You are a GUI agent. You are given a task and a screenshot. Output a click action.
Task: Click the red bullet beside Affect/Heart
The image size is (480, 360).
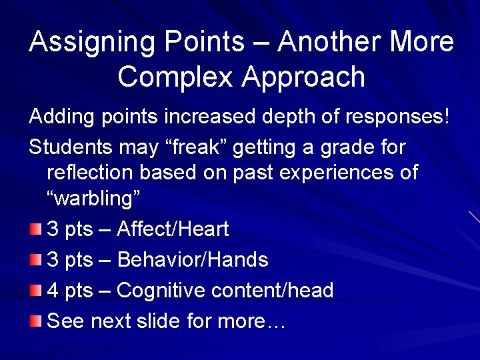point(35,230)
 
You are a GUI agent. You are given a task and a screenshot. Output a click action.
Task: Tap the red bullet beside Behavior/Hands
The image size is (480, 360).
point(35,260)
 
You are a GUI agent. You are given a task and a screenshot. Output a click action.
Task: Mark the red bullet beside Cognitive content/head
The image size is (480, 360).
point(35,291)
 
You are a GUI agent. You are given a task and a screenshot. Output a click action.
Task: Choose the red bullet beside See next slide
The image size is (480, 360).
point(35,321)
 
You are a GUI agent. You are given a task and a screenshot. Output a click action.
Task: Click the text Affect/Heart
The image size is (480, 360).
point(173,230)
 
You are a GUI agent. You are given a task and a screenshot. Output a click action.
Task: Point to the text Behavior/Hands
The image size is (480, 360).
point(192,260)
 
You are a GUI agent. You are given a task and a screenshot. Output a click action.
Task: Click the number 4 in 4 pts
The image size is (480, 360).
point(54,291)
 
